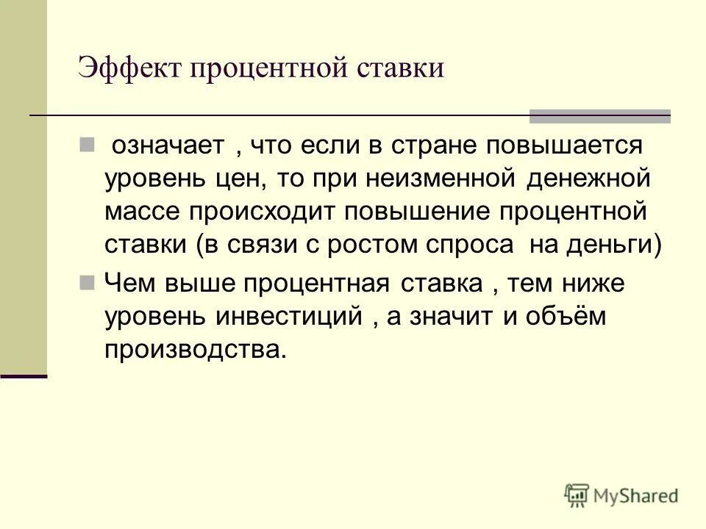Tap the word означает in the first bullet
[x=167, y=145]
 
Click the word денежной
[x=587, y=179]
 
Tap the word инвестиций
[x=290, y=317]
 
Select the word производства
[x=193, y=350]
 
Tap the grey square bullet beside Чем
[x=86, y=283]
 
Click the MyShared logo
[x=621, y=495]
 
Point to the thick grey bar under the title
[x=600, y=115]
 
